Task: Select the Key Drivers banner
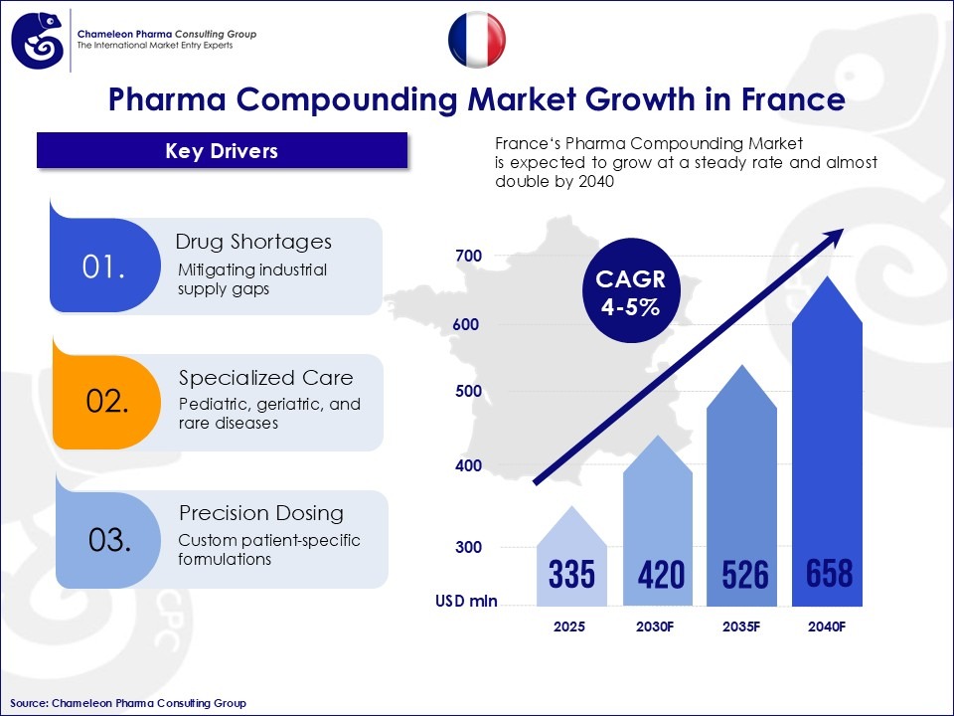coord(222,151)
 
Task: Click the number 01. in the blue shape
coord(103,268)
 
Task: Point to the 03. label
coord(109,540)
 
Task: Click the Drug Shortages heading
coord(253,242)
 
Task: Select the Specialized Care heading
coord(265,378)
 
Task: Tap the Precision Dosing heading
coord(260,513)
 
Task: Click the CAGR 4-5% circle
coord(629,293)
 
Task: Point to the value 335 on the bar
coord(571,574)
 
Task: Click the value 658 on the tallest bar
coord(827,573)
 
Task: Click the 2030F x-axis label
coord(657,627)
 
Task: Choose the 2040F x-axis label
coord(827,627)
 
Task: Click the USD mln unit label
coord(465,601)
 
